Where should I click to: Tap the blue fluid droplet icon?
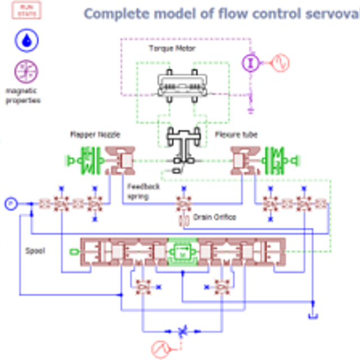pos(26,40)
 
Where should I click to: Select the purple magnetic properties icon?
pos(26,71)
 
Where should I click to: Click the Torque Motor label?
pos(172,48)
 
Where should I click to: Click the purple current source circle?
pos(251,62)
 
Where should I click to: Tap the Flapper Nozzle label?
pos(95,134)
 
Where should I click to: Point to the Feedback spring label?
pos(143,191)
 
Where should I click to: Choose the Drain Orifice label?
pos(214,217)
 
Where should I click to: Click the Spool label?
pos(35,250)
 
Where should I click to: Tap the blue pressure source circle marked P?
pos(10,203)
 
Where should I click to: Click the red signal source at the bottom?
pos(160,349)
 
